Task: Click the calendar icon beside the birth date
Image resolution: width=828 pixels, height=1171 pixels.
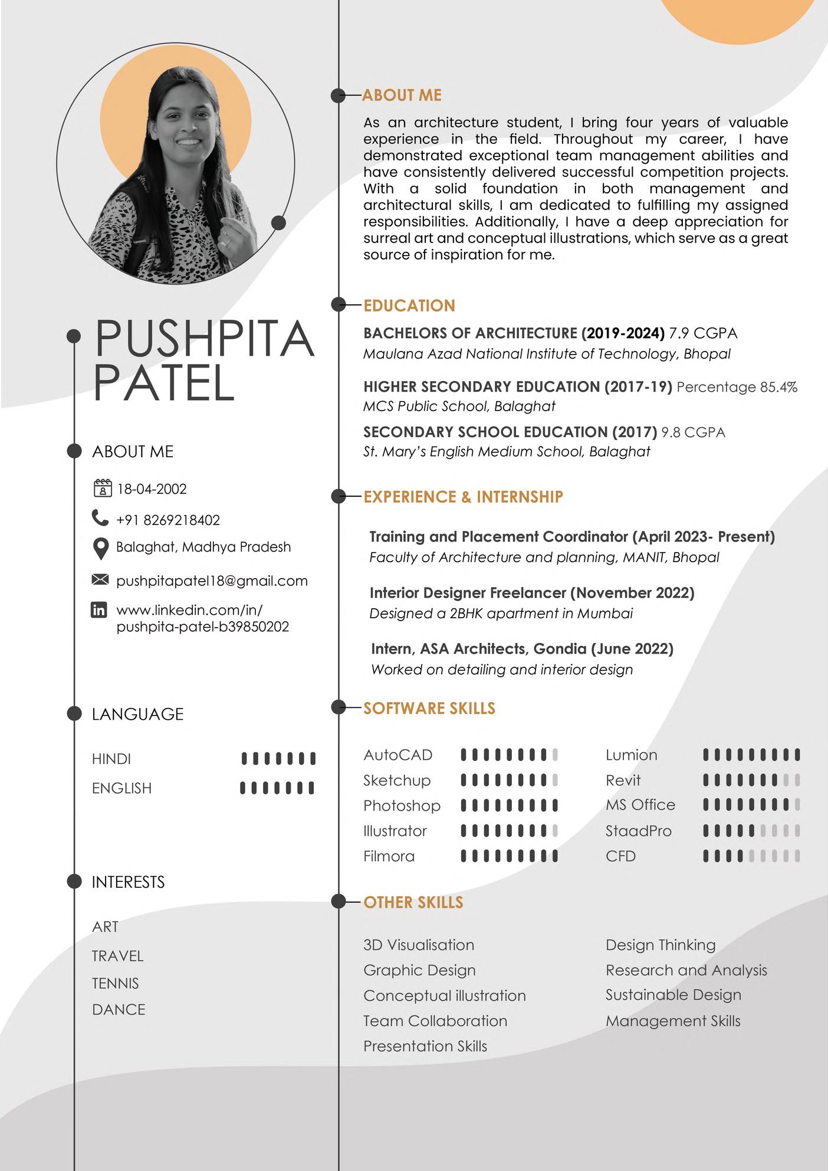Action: tap(102, 488)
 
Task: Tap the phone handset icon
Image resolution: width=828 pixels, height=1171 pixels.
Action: tap(100, 518)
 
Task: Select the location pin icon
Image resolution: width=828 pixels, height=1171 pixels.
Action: tap(101, 548)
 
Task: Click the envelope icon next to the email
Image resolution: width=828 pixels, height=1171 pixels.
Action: tap(100, 580)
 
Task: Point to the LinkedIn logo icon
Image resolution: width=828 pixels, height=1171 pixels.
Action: tap(99, 610)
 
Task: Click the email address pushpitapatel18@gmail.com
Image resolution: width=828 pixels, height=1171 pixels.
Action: tap(212, 580)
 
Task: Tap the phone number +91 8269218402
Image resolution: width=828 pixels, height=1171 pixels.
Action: tap(168, 520)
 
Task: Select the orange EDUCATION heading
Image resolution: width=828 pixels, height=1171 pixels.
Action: tap(409, 306)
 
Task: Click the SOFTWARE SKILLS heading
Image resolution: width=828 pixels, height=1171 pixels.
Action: tap(429, 708)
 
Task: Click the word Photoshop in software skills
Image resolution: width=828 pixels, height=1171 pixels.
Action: tap(402, 805)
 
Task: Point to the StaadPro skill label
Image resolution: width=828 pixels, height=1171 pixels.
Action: tap(638, 831)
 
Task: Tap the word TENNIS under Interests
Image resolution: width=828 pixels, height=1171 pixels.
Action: tap(116, 983)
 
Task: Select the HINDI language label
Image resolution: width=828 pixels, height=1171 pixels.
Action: tap(111, 759)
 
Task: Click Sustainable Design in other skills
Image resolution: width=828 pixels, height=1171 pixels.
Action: tap(673, 995)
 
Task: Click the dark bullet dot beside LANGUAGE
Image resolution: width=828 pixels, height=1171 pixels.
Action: tap(74, 713)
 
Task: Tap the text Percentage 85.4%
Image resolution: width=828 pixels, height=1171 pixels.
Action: tap(737, 387)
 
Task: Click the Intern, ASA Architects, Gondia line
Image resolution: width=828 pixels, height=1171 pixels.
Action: tap(522, 649)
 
